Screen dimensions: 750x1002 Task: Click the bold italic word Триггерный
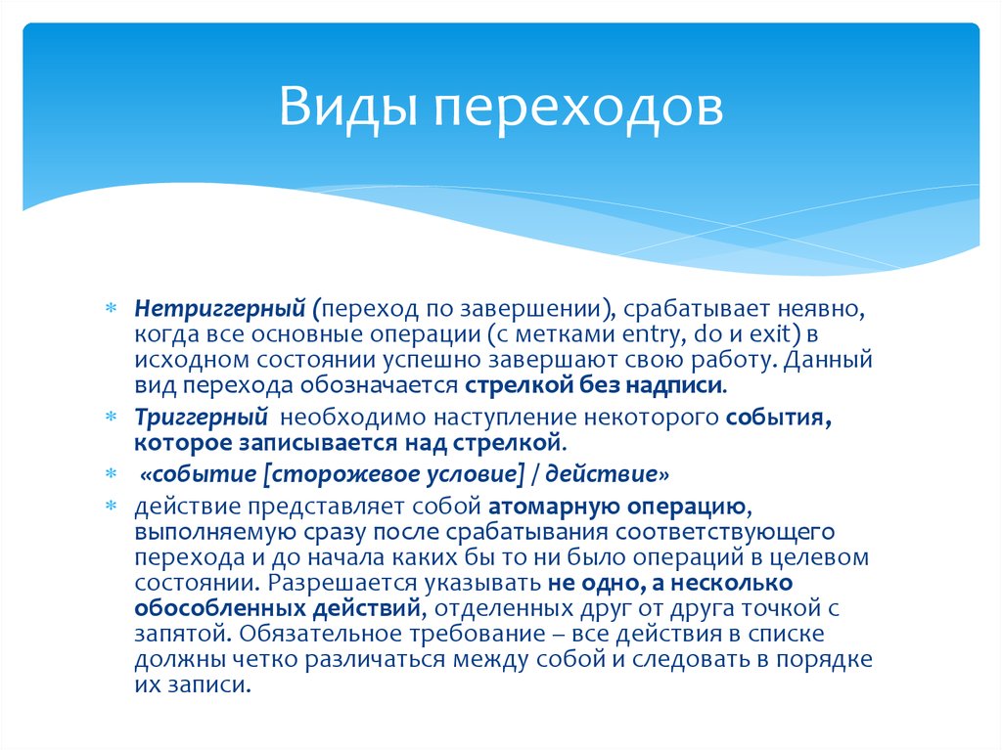[x=203, y=418]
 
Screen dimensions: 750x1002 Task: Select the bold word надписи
[x=676, y=385]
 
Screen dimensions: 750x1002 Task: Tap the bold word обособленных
[x=204, y=608]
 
